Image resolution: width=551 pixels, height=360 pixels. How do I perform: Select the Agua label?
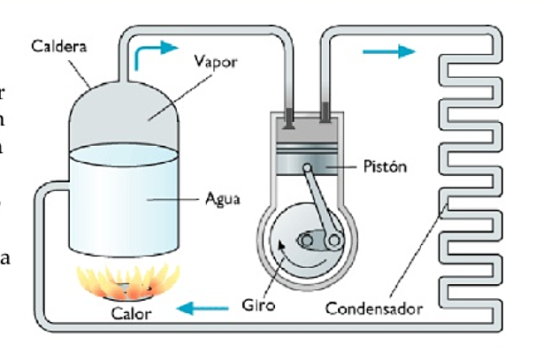221,199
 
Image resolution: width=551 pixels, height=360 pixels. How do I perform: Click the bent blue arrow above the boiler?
149,55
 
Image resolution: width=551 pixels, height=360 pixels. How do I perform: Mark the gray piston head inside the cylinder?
305,159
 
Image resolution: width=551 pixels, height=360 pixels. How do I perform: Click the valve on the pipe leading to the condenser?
325,112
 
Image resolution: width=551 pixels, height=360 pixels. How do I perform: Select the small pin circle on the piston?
306,168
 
